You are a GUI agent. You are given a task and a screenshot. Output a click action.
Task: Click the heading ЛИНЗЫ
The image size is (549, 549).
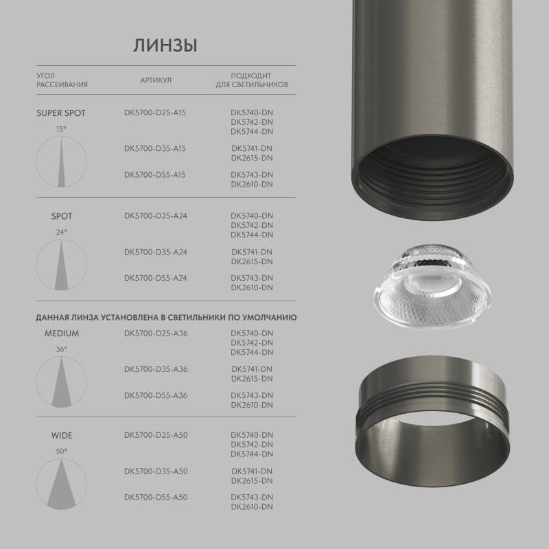(165, 46)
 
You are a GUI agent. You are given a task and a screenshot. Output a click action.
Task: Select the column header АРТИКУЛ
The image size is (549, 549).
(156, 80)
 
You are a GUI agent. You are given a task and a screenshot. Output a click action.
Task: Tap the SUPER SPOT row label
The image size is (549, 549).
(61, 113)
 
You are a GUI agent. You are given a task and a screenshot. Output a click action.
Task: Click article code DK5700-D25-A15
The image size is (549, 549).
(155, 113)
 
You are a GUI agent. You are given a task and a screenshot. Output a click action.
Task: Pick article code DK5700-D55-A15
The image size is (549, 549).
(155, 174)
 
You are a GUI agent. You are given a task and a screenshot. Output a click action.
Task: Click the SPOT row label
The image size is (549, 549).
(61, 216)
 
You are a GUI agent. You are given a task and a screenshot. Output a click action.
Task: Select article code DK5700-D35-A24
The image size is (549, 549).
(155, 252)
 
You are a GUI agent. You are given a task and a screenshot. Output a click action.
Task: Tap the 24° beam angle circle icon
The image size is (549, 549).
(62, 265)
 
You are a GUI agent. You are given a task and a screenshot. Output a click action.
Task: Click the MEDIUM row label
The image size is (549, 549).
(62, 334)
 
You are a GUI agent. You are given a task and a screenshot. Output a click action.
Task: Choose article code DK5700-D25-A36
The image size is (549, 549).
(155, 334)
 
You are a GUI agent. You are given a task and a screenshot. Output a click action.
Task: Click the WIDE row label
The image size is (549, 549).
(61, 435)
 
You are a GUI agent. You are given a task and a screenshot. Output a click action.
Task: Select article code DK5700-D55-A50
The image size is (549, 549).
(155, 497)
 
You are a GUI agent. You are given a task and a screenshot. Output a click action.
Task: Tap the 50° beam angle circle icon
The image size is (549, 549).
(62, 484)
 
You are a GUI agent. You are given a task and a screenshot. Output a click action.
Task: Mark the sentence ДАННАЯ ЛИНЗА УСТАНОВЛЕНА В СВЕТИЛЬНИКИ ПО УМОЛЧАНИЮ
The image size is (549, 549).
(166, 318)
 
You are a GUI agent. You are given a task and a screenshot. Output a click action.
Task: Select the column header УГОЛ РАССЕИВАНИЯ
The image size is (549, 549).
(62, 80)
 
